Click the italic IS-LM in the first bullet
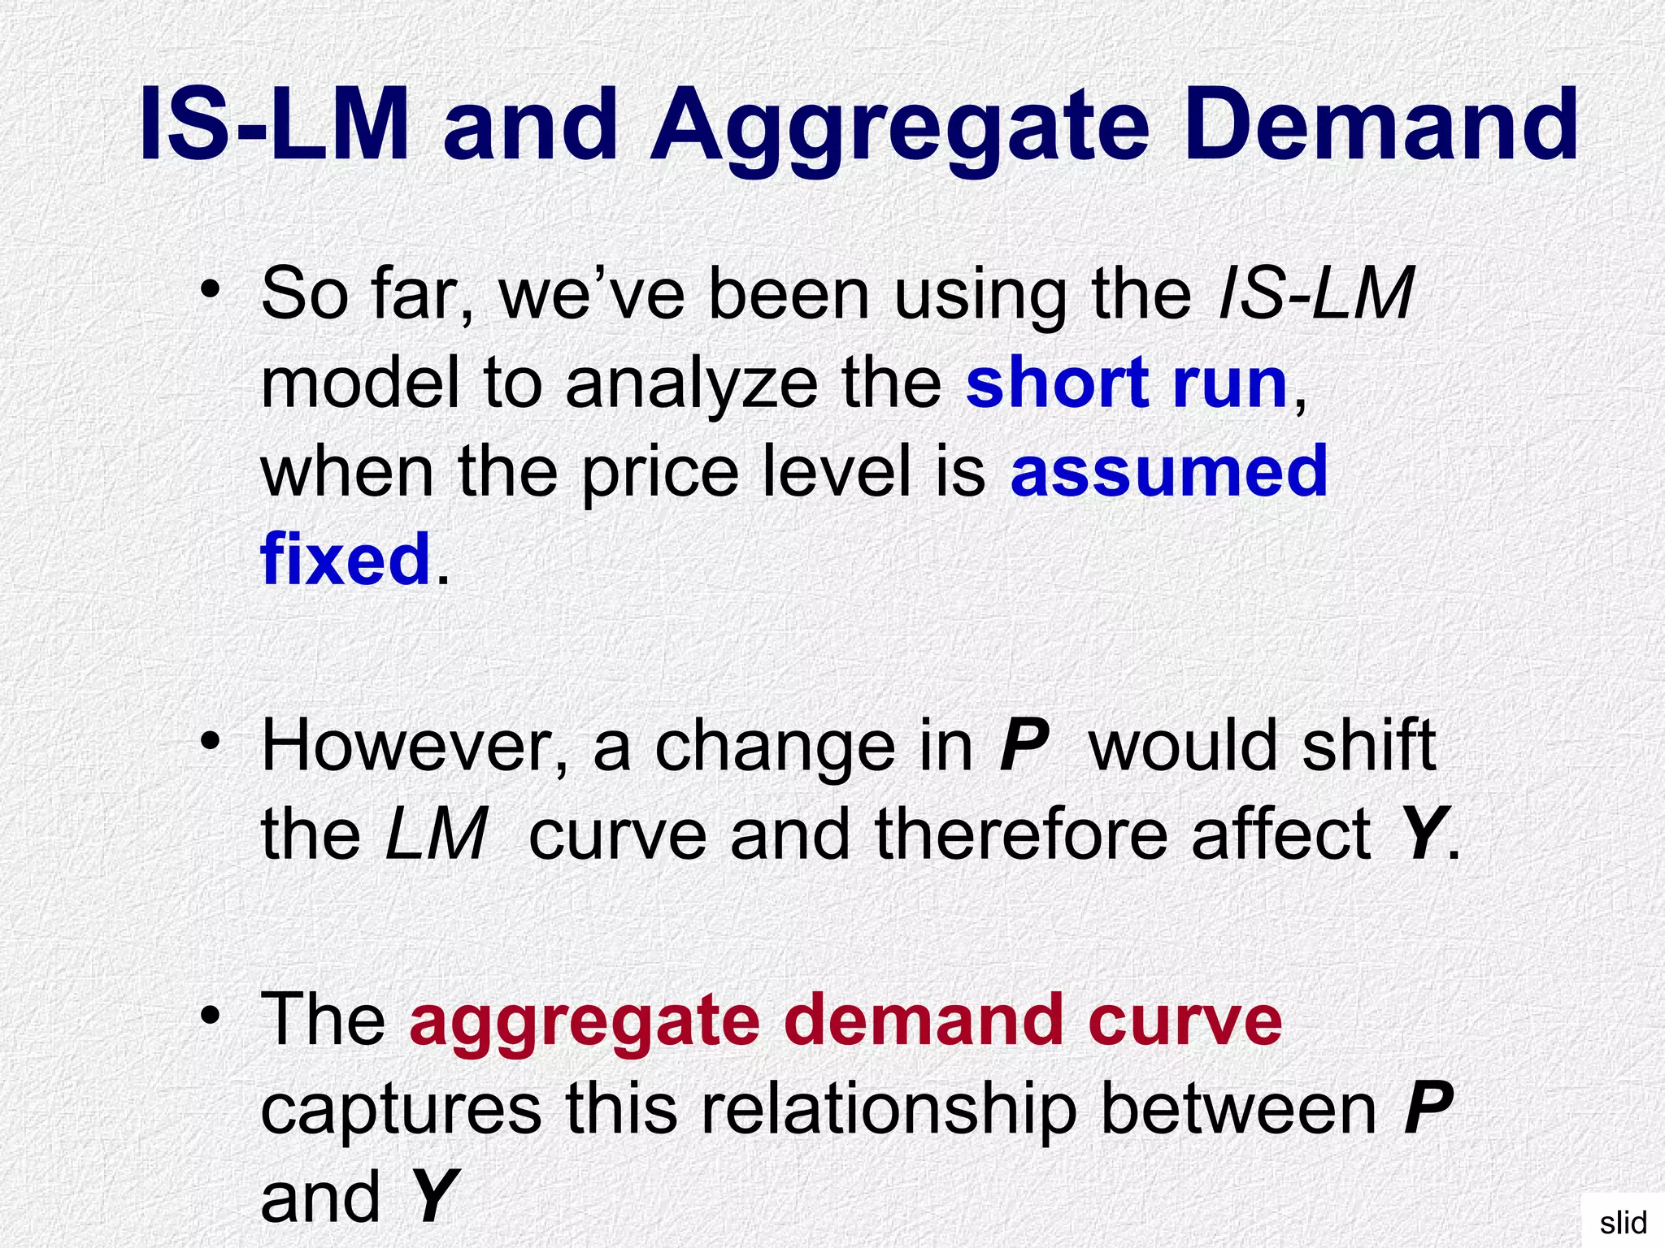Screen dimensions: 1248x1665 (1316, 294)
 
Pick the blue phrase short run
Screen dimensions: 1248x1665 (1127, 383)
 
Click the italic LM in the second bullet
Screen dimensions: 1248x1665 (437, 834)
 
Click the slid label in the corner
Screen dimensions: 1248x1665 (1623, 1223)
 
